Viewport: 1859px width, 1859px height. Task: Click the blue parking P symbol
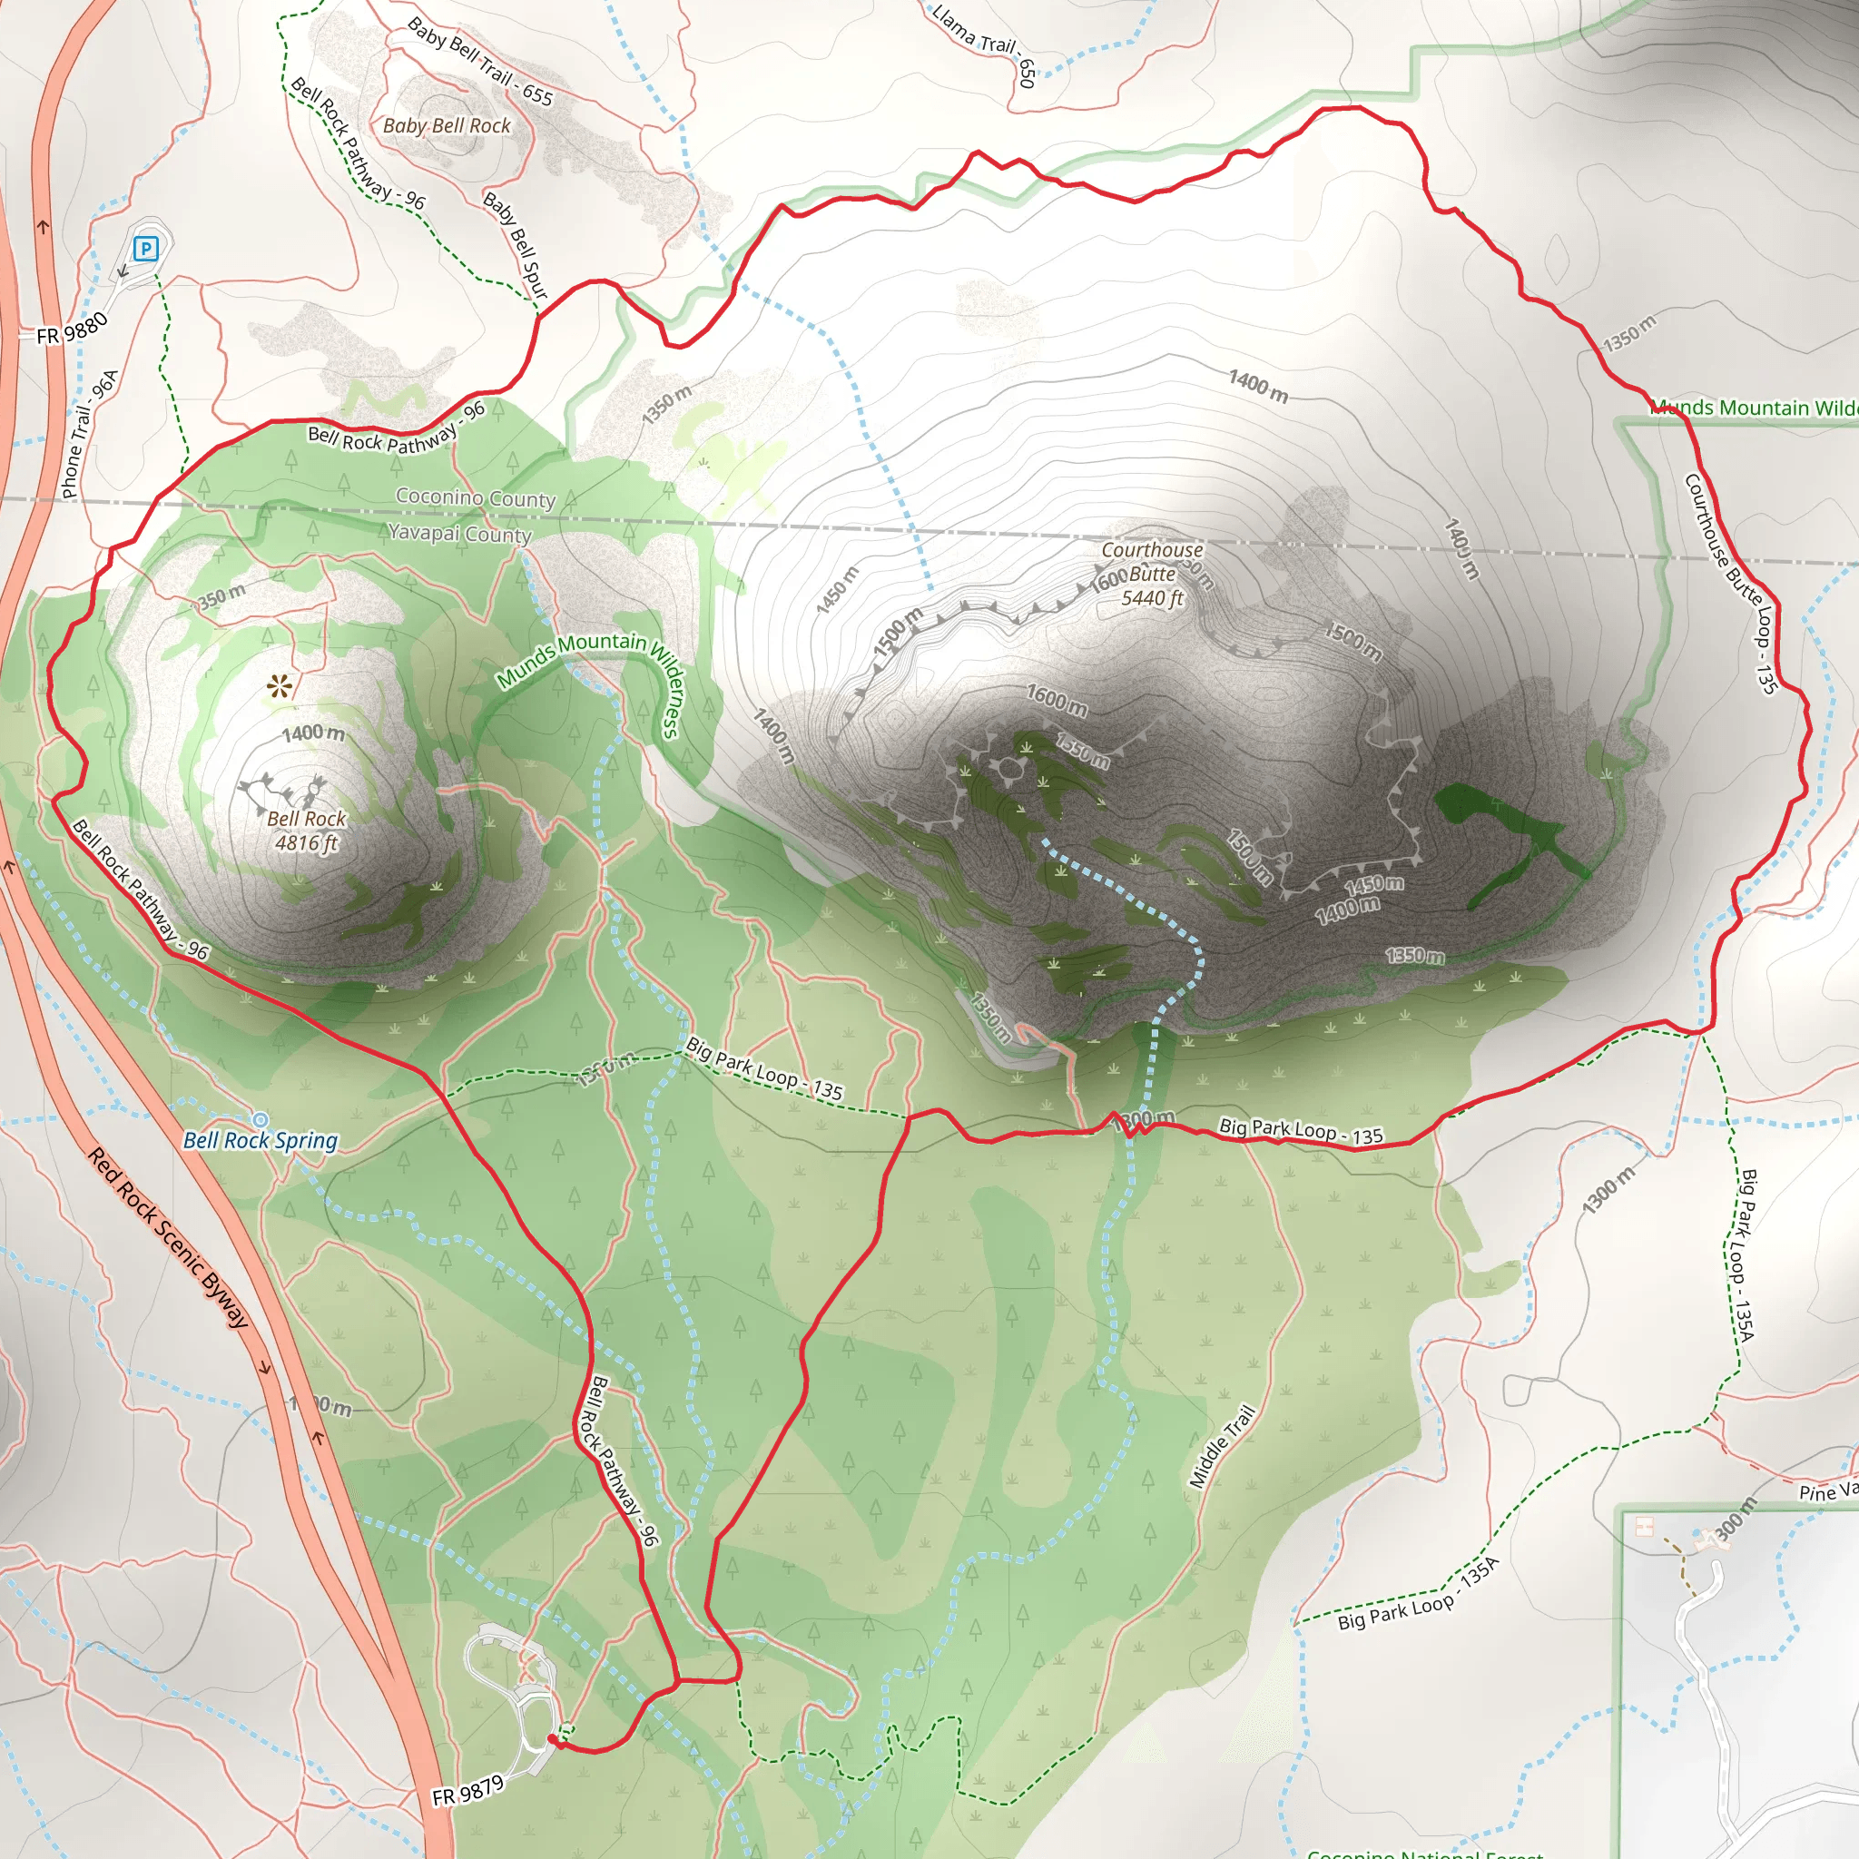click(x=145, y=250)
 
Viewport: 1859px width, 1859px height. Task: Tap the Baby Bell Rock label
click(x=447, y=126)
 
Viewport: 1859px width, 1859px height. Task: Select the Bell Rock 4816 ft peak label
click(x=306, y=831)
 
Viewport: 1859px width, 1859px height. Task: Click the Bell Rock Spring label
click(x=261, y=1141)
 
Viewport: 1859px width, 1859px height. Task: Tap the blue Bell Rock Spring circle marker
click(x=260, y=1119)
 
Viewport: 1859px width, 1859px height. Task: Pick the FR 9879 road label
click(x=467, y=1791)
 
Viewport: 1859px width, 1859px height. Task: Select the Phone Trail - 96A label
click(x=90, y=434)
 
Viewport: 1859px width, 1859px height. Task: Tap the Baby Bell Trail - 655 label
click(x=480, y=62)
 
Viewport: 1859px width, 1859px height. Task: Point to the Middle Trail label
click(x=1222, y=1446)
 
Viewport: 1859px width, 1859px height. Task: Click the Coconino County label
click(x=476, y=497)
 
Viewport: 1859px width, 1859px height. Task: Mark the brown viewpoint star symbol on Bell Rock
click(x=279, y=686)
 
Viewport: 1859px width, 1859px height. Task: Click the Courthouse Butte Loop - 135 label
click(x=1730, y=583)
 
